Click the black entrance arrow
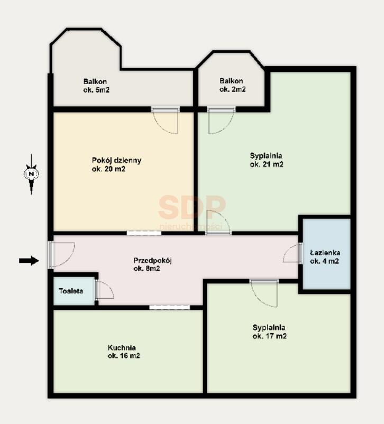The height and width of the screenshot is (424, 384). pyautogui.click(x=29, y=261)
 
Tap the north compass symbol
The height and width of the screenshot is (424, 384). pyautogui.click(x=31, y=174)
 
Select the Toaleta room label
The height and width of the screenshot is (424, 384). pyautogui.click(x=71, y=291)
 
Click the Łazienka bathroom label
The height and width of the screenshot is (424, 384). pyautogui.click(x=325, y=257)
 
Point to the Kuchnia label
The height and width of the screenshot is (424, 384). pyautogui.click(x=124, y=352)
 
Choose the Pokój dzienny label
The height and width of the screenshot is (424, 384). pyautogui.click(x=117, y=164)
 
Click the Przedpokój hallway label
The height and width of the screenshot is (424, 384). pyautogui.click(x=153, y=264)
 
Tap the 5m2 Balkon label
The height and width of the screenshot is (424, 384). pyautogui.click(x=96, y=86)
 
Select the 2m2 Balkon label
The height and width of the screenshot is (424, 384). pyautogui.click(x=232, y=85)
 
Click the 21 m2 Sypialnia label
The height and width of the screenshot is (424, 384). pyautogui.click(x=267, y=160)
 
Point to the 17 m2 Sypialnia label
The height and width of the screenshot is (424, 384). pyautogui.click(x=270, y=331)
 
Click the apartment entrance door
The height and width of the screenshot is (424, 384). pyautogui.click(x=61, y=254)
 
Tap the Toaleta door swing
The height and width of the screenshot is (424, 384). pyautogui.click(x=104, y=289)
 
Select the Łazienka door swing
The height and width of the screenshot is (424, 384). pyautogui.click(x=292, y=253)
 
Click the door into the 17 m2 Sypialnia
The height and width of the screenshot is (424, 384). pyautogui.click(x=264, y=293)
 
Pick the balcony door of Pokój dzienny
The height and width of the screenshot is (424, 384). pyautogui.click(x=166, y=121)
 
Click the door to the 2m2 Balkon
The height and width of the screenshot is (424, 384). pyautogui.click(x=221, y=121)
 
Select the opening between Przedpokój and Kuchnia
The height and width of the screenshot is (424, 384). pyautogui.click(x=170, y=307)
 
